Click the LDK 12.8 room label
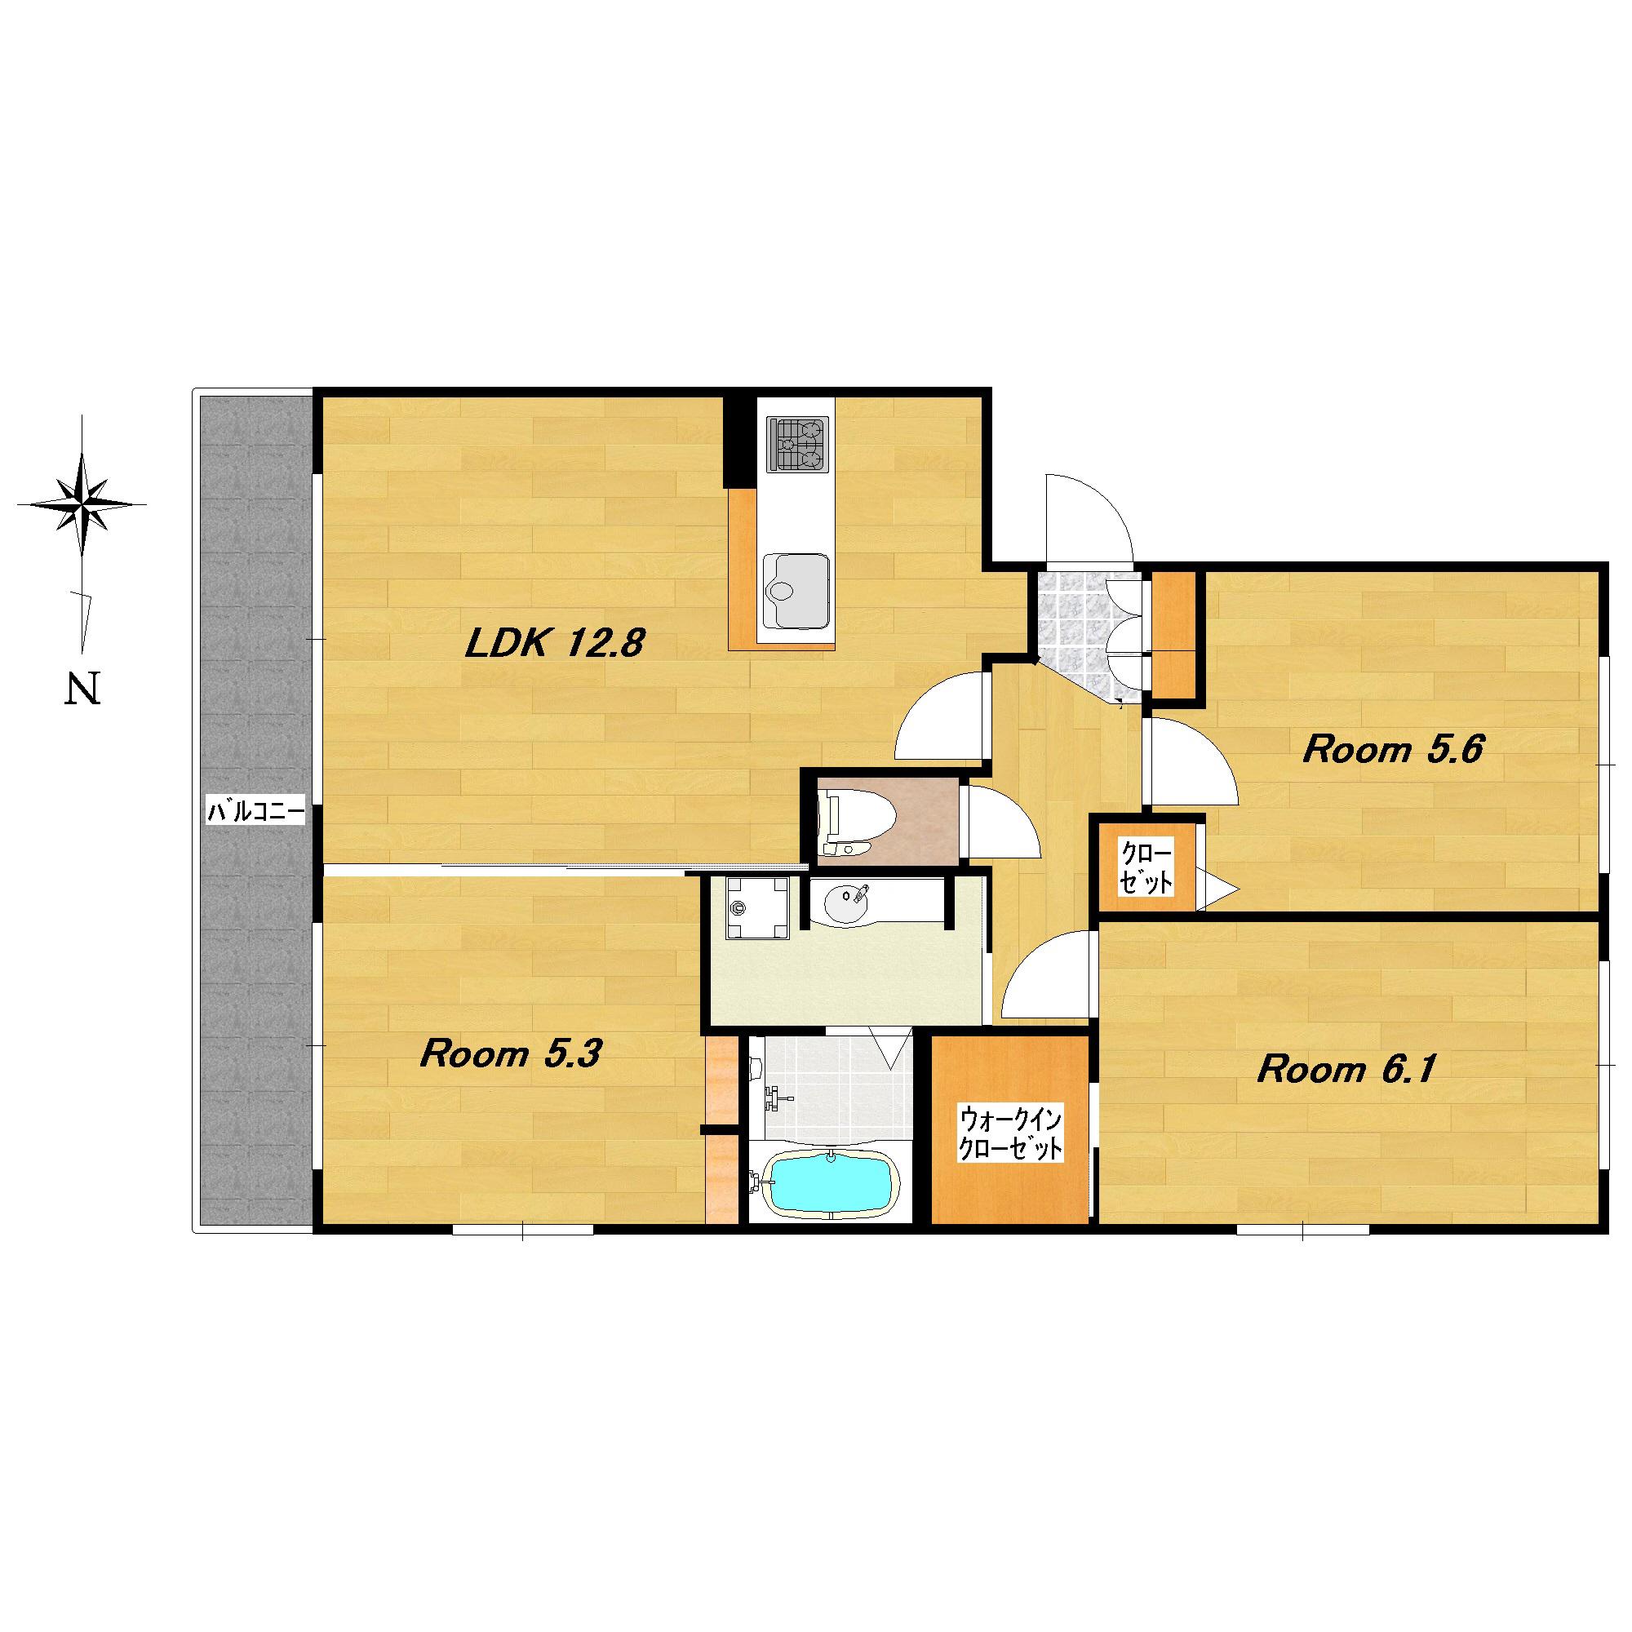(555, 645)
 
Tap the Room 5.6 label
(1394, 749)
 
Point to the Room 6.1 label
(1347, 1071)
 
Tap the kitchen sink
(794, 591)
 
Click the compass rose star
(82, 504)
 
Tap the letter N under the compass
(82, 689)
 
